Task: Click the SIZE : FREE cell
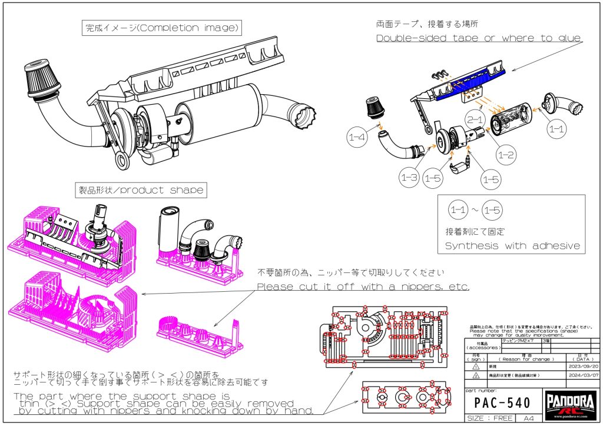coord(489,418)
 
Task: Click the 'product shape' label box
coord(141,190)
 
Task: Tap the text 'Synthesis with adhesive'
coord(512,245)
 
